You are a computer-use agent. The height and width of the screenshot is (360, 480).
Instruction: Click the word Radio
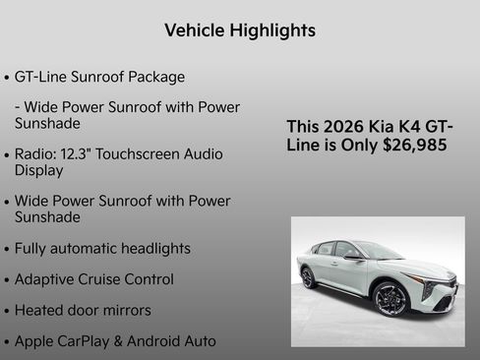pyautogui.click(x=36, y=154)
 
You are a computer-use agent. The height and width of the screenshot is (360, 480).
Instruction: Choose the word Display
pyautogui.click(x=38, y=170)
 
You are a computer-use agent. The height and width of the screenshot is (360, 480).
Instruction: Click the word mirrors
pyautogui.click(x=123, y=310)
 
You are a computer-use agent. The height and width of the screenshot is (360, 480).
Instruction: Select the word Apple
pyautogui.click(x=36, y=341)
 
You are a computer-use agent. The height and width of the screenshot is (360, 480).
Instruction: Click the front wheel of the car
pyautogui.click(x=390, y=298)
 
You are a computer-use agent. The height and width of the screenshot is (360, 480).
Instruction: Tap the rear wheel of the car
pyautogui.click(x=308, y=276)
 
